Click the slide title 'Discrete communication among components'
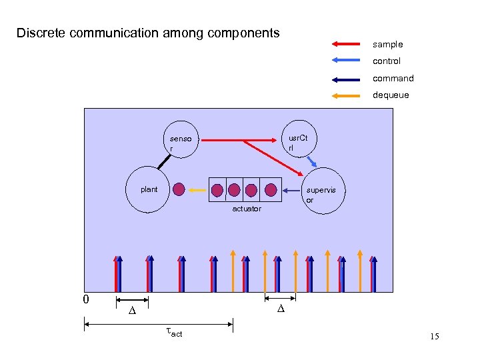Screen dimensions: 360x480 click(148, 33)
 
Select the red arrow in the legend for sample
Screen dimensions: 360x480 click(345, 45)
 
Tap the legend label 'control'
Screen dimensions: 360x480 click(386, 61)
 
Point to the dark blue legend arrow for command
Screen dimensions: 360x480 click(345, 79)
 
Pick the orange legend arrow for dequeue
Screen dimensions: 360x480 click(345, 95)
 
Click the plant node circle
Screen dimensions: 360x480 click(148, 190)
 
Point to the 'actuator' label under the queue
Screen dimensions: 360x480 click(247, 209)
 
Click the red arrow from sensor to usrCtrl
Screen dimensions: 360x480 click(240, 140)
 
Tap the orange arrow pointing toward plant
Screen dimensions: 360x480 click(197, 190)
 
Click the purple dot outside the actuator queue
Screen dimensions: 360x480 click(179, 189)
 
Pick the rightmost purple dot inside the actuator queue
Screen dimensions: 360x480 click(270, 189)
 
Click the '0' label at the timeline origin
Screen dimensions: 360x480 click(85, 299)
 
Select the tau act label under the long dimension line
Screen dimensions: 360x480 click(173, 333)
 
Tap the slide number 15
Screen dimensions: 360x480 click(435, 337)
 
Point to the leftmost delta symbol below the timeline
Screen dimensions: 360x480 click(132, 311)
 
